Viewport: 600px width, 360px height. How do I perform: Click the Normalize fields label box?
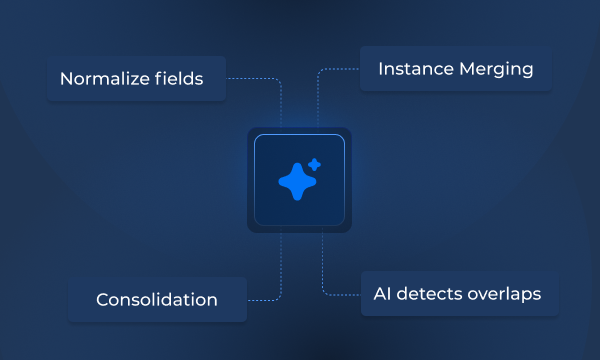click(x=136, y=78)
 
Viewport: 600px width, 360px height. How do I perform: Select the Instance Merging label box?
click(x=455, y=69)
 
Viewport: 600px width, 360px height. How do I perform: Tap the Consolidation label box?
click(x=157, y=299)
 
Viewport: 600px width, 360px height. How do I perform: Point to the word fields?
click(x=180, y=78)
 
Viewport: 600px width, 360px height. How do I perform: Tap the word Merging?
click(x=497, y=70)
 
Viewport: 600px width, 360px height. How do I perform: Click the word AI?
click(x=383, y=294)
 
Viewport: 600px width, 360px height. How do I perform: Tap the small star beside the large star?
click(x=314, y=163)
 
